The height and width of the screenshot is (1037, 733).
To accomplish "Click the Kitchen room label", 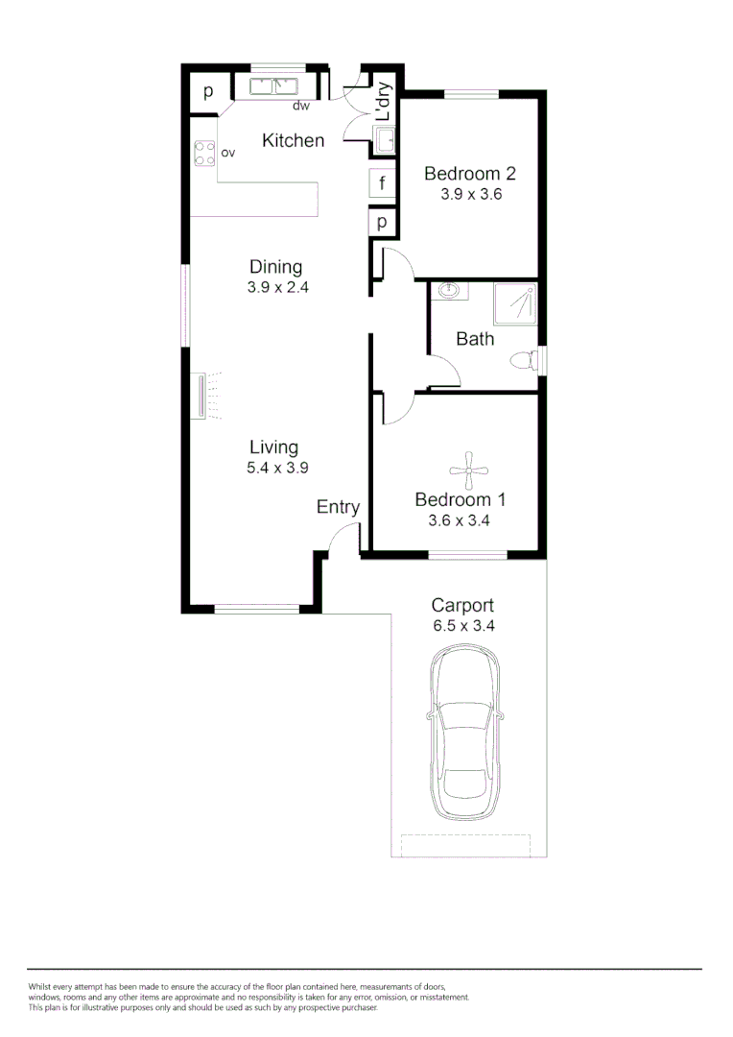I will (x=294, y=140).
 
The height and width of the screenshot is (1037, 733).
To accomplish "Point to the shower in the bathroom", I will (x=515, y=303).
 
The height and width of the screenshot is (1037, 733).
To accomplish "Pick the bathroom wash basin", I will (x=449, y=290).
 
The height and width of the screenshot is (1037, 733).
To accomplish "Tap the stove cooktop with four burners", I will (x=203, y=154).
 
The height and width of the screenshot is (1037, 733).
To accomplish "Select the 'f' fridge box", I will (x=382, y=182).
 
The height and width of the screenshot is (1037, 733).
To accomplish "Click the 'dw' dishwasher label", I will (x=300, y=106).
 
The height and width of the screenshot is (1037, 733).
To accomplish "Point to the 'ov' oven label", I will (x=228, y=153).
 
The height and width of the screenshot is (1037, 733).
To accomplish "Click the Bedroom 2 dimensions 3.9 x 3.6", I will (x=471, y=193).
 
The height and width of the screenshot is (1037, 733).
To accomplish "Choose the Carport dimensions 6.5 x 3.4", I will (x=462, y=625).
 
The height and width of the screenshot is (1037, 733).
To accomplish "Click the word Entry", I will (x=338, y=507).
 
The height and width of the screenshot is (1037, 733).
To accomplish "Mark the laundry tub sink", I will (x=384, y=141).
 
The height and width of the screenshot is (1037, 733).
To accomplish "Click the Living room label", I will (x=273, y=446).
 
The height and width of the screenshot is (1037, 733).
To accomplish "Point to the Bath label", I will (x=475, y=338).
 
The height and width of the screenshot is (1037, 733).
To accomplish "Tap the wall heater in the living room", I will (x=201, y=397).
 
